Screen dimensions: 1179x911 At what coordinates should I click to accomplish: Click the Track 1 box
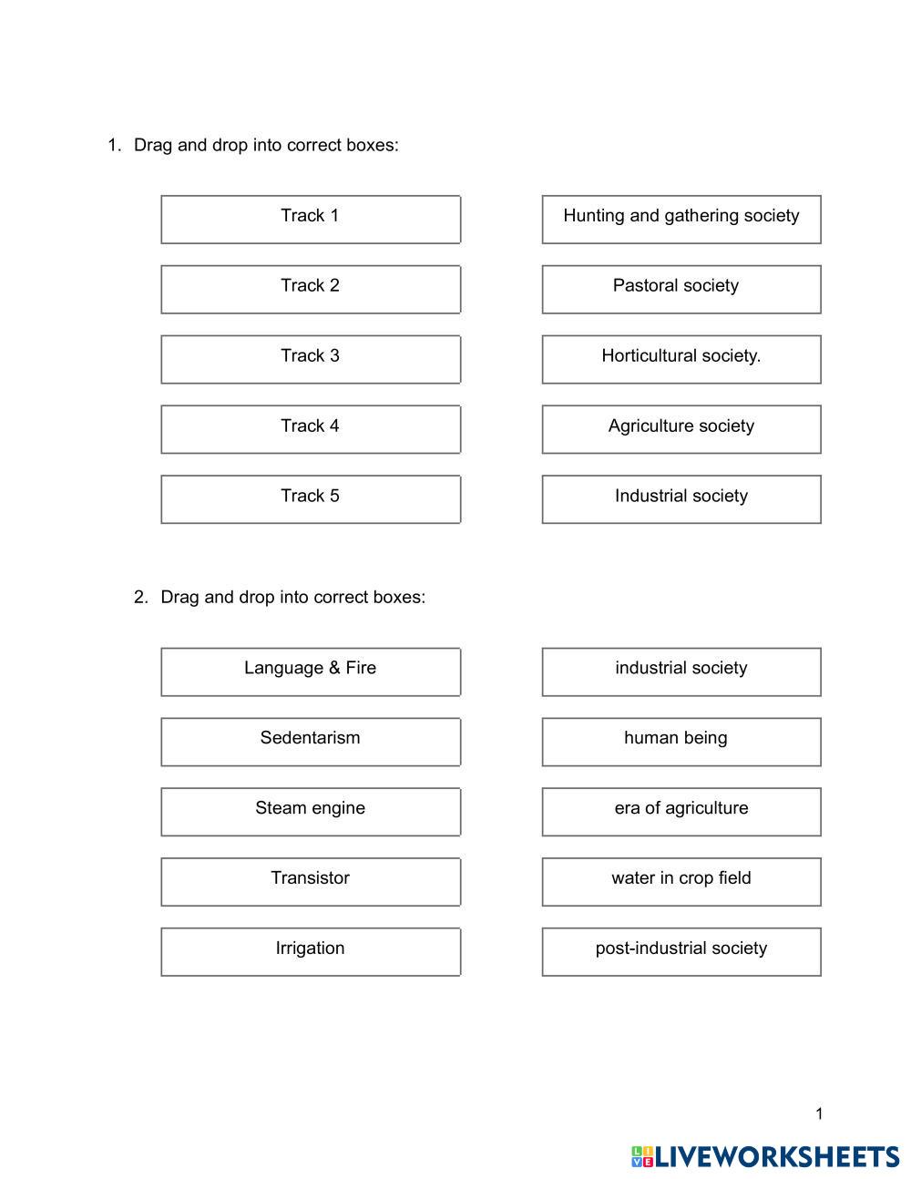[x=311, y=219]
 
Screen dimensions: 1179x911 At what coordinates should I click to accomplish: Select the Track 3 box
[x=311, y=359]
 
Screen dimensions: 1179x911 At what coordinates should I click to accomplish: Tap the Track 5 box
[x=311, y=499]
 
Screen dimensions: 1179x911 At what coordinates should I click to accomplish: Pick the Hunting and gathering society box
[x=681, y=219]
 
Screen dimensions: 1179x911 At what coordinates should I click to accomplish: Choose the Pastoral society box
[x=681, y=289]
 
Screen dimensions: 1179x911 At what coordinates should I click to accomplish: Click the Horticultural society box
[x=681, y=359]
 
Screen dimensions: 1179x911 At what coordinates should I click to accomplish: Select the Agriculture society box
[x=681, y=429]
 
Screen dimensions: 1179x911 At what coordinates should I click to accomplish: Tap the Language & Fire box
[x=311, y=672]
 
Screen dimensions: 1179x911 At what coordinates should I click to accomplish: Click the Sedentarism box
[x=311, y=742]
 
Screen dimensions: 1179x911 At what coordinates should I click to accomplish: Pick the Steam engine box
[x=311, y=812]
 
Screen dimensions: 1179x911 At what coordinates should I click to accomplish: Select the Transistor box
[x=311, y=882]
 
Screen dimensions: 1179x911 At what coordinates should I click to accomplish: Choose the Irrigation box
[x=311, y=951]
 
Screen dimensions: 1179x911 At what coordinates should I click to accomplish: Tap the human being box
[x=681, y=742]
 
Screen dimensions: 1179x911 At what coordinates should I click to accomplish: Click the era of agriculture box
[x=681, y=812]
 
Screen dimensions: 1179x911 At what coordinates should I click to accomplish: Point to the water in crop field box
[x=681, y=882]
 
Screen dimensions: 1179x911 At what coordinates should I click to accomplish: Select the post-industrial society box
[x=681, y=951]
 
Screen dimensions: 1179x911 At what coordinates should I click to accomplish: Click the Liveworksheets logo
[x=765, y=1156]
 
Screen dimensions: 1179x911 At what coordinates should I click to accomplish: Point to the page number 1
[x=819, y=1113]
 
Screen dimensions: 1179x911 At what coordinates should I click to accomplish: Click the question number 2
[x=140, y=598]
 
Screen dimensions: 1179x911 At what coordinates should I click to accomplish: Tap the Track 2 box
[x=311, y=289]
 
